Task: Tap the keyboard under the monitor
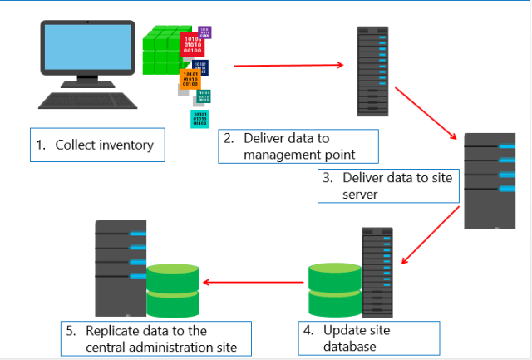coord(86,101)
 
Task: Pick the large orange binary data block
coord(190,78)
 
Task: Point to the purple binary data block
coord(205,32)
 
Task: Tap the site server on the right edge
coord(484,180)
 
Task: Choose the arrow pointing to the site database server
coord(431,237)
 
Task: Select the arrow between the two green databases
coord(254,283)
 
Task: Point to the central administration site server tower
coord(121,266)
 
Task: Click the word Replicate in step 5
coord(113,330)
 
